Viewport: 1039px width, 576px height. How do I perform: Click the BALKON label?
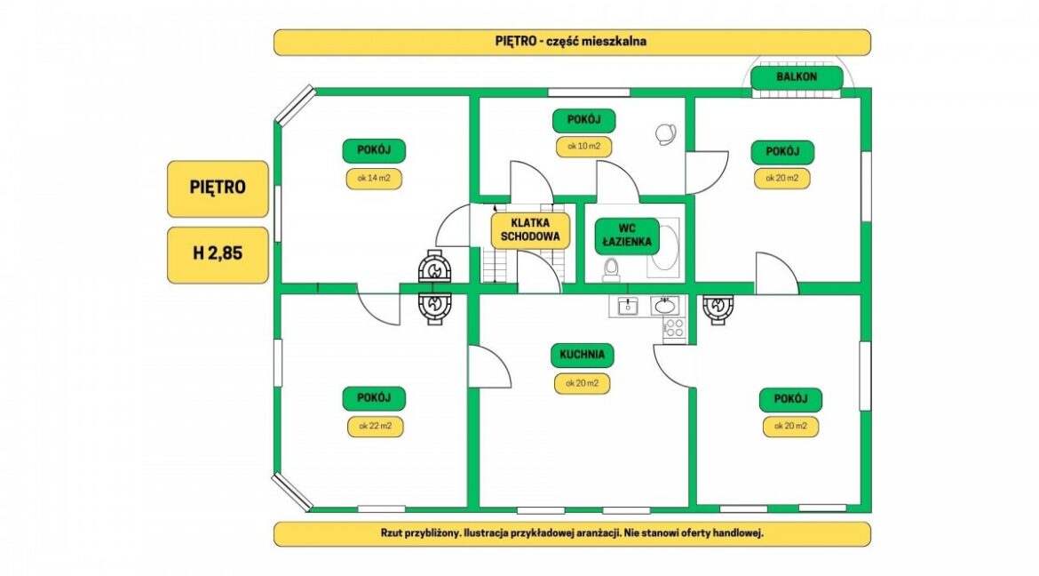[x=797, y=77]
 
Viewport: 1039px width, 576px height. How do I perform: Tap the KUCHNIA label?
[x=583, y=356]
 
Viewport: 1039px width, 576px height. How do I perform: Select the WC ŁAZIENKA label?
[x=626, y=234]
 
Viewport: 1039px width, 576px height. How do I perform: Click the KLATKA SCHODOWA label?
[x=530, y=230]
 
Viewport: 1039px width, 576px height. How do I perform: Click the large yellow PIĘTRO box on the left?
[x=218, y=188]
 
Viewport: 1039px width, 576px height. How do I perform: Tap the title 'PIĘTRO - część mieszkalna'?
[x=571, y=42]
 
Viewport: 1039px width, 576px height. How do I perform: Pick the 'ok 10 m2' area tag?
[x=584, y=146]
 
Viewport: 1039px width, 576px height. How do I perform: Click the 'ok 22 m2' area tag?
[x=375, y=426]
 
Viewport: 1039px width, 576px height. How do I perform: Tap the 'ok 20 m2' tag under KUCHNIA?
[x=583, y=384]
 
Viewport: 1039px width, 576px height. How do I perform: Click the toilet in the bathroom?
[x=611, y=267]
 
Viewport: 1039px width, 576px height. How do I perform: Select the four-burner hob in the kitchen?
[x=674, y=327]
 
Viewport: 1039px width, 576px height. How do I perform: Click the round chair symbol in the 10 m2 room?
[x=664, y=134]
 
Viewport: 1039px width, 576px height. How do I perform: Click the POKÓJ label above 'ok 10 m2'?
[x=583, y=119]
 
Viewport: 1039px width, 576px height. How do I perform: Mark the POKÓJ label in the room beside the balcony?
[x=782, y=150]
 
